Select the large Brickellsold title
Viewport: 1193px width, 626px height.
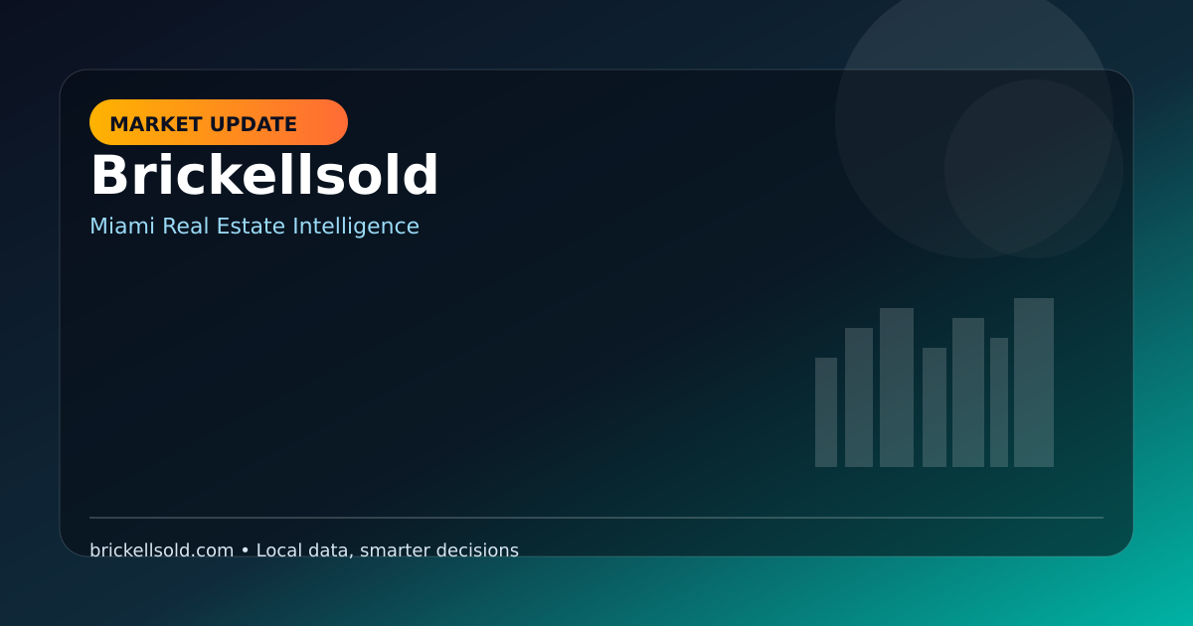[264, 175]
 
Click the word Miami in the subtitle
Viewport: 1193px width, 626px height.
[122, 226]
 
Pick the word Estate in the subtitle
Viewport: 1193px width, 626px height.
[251, 226]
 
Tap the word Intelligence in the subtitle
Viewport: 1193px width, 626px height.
[356, 228]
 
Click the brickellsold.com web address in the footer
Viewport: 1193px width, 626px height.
[161, 550]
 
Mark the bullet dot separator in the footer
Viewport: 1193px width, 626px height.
[245, 550]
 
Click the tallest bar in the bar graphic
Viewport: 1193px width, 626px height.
[1034, 383]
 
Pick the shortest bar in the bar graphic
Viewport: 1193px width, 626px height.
[826, 412]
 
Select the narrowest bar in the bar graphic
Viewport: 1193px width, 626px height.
[999, 402]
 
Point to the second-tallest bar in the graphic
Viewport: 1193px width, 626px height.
[897, 388]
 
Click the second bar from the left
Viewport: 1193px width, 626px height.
[859, 397]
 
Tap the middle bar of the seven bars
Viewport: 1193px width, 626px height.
[935, 407]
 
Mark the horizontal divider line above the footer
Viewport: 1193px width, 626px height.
[596, 518]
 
